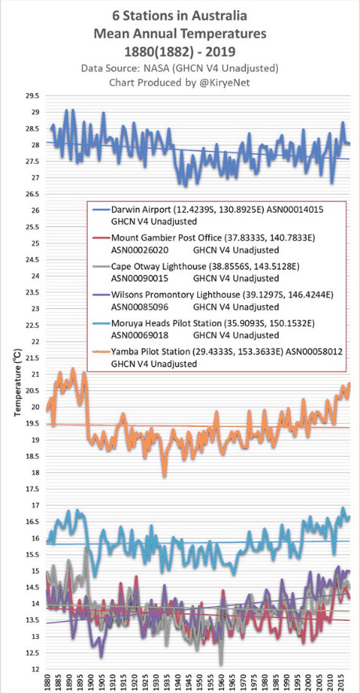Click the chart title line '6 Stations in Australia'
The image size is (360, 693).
click(181, 15)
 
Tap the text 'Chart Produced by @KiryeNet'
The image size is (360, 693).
click(181, 81)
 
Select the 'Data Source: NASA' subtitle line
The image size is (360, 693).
click(181, 69)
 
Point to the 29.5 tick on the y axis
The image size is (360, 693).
click(34, 95)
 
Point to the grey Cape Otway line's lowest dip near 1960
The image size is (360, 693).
click(221, 663)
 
